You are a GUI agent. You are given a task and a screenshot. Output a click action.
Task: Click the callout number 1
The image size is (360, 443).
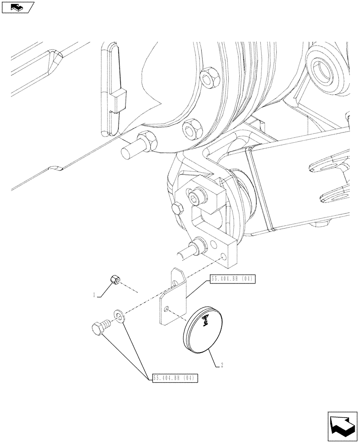(x=94, y=295)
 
